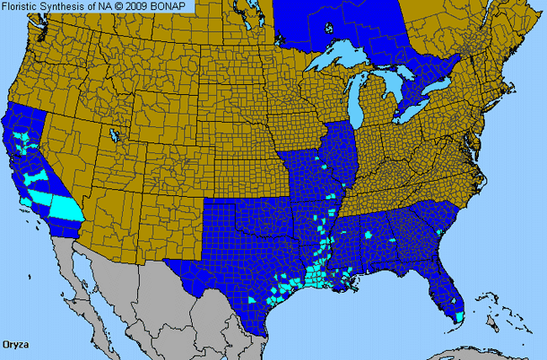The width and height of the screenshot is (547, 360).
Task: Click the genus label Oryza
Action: click(19, 345)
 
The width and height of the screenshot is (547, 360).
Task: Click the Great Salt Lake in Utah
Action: click(114, 135)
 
